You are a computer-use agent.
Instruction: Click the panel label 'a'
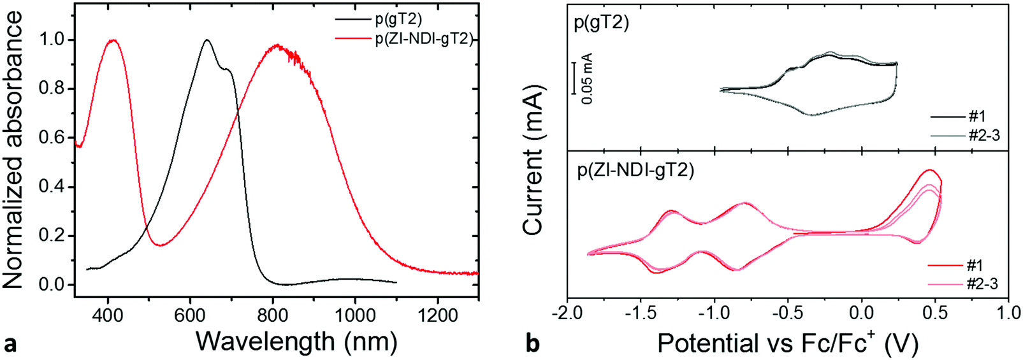coord(10,344)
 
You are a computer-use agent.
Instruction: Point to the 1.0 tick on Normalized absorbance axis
coord(53,40)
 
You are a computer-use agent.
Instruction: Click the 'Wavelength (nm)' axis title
coord(296,342)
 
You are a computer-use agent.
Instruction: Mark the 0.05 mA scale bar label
coord(587,78)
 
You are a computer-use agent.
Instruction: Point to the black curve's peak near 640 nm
coord(207,40)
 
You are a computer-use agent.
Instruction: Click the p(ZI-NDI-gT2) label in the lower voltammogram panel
coord(635,170)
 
